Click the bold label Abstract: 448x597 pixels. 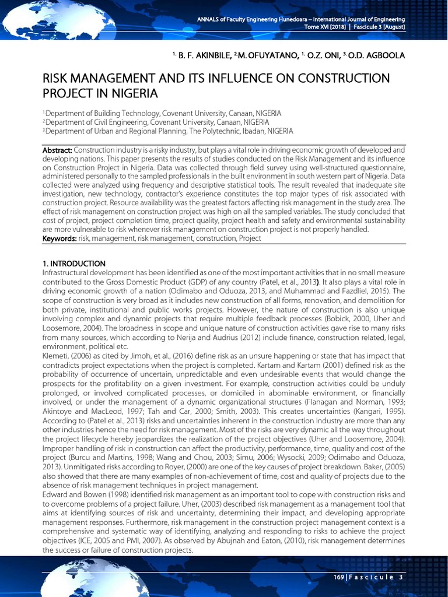click(57, 150)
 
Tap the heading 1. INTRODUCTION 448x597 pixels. click(74, 264)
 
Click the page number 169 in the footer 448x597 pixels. click(336, 577)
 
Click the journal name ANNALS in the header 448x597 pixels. click(210, 20)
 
